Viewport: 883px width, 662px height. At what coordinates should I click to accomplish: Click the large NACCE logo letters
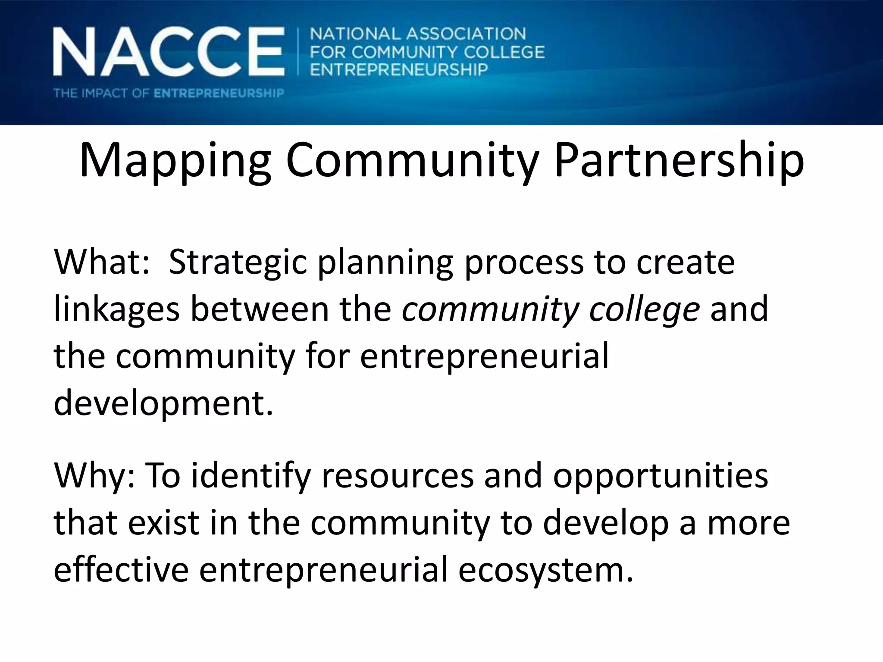coord(168,52)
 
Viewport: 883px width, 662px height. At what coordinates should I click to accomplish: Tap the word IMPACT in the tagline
coord(104,93)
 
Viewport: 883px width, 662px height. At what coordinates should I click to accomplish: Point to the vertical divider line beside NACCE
coord(298,52)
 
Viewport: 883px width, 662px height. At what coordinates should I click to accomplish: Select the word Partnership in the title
coord(679,160)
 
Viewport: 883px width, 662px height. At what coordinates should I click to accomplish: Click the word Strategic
coord(238,263)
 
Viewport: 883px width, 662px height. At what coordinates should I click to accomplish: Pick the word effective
coord(121,570)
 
